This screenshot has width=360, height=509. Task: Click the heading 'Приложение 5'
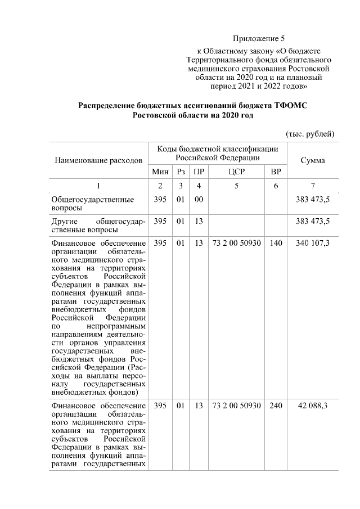pos(259,39)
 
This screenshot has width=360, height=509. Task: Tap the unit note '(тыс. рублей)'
pos(310,133)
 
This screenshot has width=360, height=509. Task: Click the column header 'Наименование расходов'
pos(98,160)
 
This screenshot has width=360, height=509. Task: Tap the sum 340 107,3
pos(312,242)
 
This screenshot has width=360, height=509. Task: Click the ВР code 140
pos(276,242)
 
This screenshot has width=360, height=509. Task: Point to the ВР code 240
pos(276,406)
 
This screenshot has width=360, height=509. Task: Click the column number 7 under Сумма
pos(312,186)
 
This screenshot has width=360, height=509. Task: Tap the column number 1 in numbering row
pos(98,186)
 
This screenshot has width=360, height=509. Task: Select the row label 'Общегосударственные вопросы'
pos(92,204)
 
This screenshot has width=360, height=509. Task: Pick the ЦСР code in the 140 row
pos(236,242)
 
